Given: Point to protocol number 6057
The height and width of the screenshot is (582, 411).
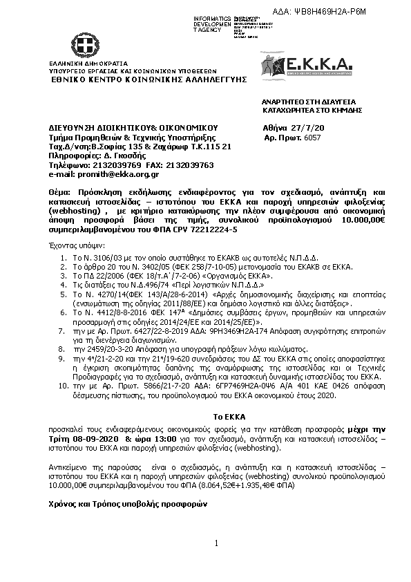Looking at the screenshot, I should [312, 138].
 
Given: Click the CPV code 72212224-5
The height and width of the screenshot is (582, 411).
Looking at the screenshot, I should [209, 229].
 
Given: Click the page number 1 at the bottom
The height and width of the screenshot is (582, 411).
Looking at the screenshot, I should [216, 544].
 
